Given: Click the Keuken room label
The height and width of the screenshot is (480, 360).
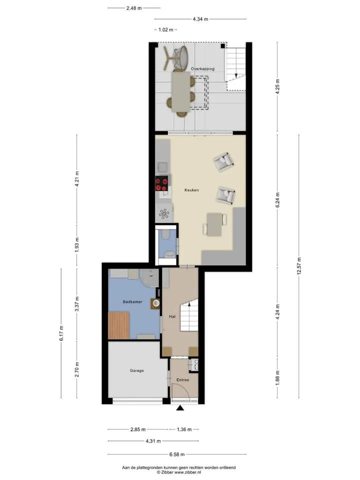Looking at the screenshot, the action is coord(191,190).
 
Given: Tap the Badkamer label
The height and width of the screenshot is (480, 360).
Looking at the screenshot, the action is coord(132,302).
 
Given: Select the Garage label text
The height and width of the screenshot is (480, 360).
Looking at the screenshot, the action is coord(136,370).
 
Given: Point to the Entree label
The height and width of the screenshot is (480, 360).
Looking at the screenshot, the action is coord(183,380).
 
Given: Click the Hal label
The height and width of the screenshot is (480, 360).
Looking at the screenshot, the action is coord(172,316).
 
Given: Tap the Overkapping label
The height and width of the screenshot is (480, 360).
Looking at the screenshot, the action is coord(202,69).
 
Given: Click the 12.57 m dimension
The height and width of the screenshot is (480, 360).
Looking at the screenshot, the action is coord(299,266).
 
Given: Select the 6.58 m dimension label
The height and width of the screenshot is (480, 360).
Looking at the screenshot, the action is coord(177,454).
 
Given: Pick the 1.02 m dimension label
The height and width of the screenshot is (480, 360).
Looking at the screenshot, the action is coord(166,29).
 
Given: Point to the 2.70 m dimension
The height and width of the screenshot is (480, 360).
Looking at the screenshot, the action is coord(77,369).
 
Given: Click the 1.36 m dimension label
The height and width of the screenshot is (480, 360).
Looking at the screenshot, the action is coord(184,429).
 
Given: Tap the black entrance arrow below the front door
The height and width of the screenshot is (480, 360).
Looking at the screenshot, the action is coord(180,407).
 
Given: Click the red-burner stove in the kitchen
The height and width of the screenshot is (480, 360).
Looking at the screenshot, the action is coord(161,183).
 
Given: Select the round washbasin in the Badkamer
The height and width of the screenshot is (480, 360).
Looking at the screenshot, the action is coord(156,303).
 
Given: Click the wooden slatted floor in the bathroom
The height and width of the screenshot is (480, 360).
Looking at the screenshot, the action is coord(119,325).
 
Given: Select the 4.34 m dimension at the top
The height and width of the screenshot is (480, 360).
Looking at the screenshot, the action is coord(200,19).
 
